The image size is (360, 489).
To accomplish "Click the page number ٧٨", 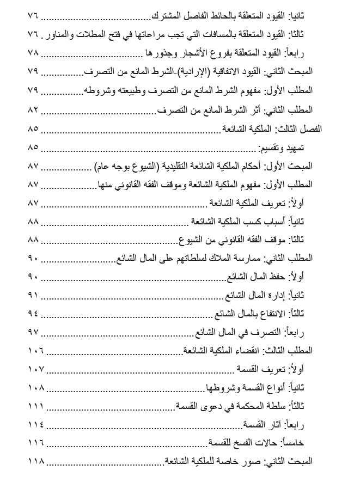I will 33,53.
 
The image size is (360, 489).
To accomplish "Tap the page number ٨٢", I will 33,109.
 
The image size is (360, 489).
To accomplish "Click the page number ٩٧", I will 33,332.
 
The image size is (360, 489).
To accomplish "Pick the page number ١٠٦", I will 35,351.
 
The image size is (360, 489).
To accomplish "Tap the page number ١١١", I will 35,406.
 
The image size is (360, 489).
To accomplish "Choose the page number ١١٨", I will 35,462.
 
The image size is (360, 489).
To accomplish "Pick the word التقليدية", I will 184,166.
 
